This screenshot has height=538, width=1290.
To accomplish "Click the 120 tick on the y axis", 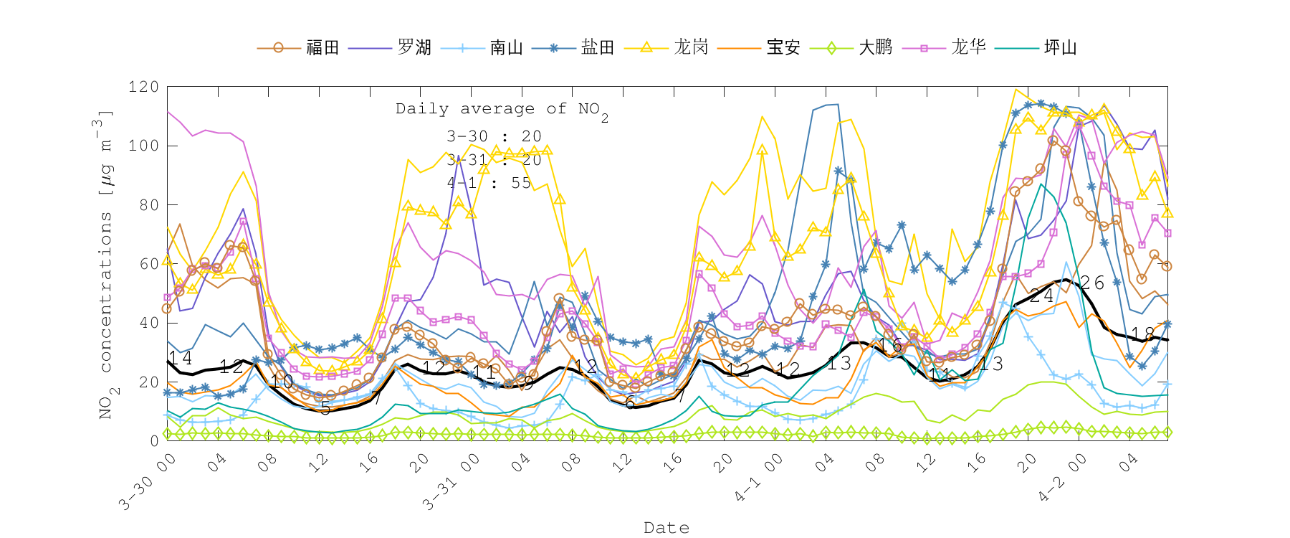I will (143, 87).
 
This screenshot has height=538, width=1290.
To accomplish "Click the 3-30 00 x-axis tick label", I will (148, 482).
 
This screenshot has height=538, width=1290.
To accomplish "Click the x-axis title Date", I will (666, 528).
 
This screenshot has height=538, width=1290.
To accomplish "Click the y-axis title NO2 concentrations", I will (105, 265).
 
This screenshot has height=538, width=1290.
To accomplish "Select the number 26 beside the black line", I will (1092, 283).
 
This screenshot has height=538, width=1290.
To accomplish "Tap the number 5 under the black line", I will (325, 409).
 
